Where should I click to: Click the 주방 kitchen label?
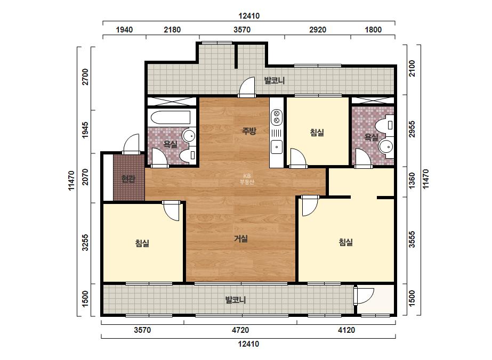tap(249, 131)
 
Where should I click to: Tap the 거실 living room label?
tap(241, 239)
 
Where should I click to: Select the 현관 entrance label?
tap(128, 179)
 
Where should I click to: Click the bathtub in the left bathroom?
tap(171, 118)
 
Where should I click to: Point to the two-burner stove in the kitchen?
tap(277, 116)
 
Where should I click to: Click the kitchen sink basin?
tap(277, 147)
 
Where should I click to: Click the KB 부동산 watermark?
tap(247, 179)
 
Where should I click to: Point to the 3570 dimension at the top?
tap(242, 30)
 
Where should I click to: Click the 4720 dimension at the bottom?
tap(240, 330)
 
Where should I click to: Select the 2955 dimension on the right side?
tap(412, 129)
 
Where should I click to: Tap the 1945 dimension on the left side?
tap(85, 130)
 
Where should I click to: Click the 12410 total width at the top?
tap(249, 15)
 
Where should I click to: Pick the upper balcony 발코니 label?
tap(274, 80)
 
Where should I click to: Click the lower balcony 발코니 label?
tap(235, 300)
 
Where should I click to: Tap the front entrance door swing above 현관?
tap(131, 144)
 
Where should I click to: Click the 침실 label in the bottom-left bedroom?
tap(142, 243)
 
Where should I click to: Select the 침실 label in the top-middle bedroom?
tap(317, 132)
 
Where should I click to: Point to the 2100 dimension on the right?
tap(412, 68)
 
